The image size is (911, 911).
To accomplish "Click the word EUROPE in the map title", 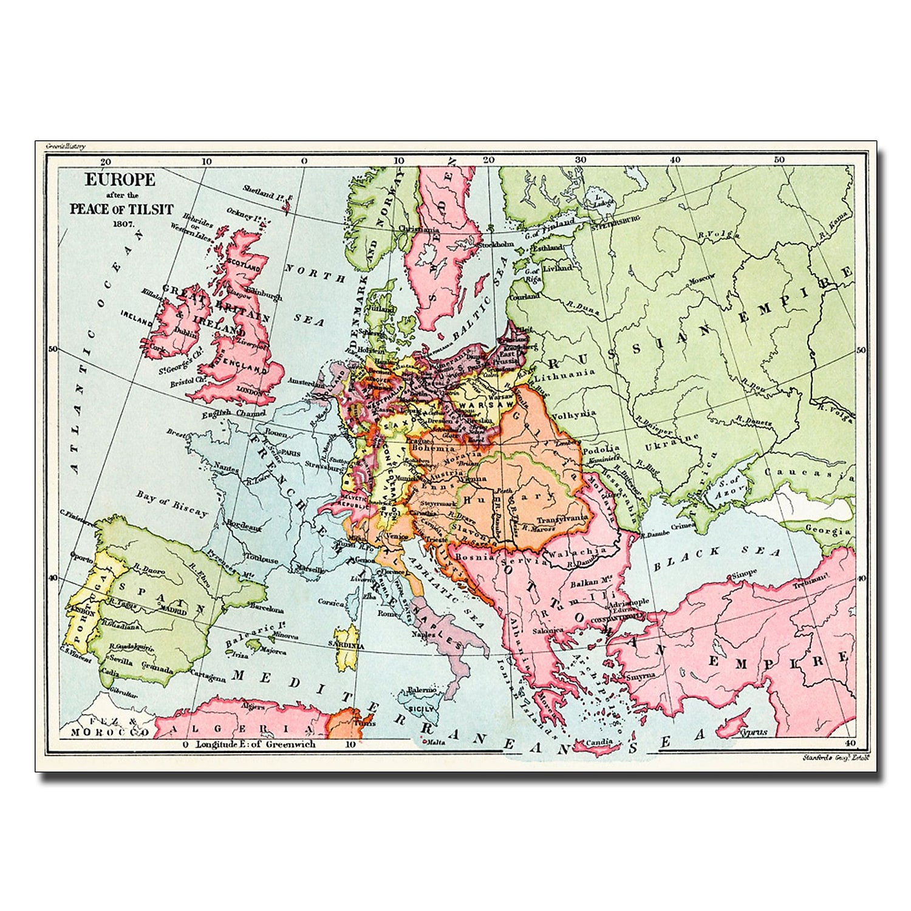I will pyautogui.click(x=120, y=180).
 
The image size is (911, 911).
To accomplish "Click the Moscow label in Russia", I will pyautogui.click(x=701, y=281).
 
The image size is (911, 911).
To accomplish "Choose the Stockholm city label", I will pyautogui.click(x=497, y=244).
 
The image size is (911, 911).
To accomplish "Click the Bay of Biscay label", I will pyautogui.click(x=172, y=503).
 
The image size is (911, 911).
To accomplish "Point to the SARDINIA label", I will pyautogui.click(x=346, y=644).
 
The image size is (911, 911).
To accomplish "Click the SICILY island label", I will pyautogui.click(x=421, y=709).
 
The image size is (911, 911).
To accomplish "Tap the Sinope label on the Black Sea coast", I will pyautogui.click(x=744, y=572).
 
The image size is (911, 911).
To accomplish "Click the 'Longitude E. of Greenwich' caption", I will pyautogui.click(x=255, y=744).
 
